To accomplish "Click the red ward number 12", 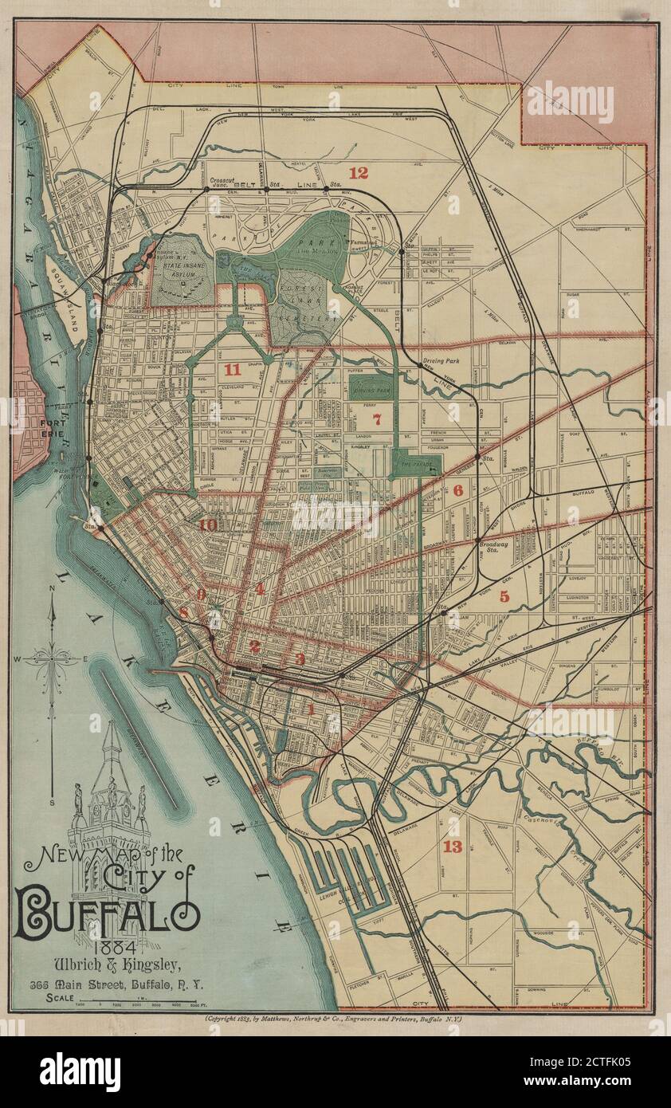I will [359, 172].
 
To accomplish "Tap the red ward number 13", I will [453, 847].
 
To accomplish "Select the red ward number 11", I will [232, 369].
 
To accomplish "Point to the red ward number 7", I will [377, 418].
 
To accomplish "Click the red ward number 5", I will [504, 595].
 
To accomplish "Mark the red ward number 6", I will [457, 491].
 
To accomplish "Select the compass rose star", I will [52, 658].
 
